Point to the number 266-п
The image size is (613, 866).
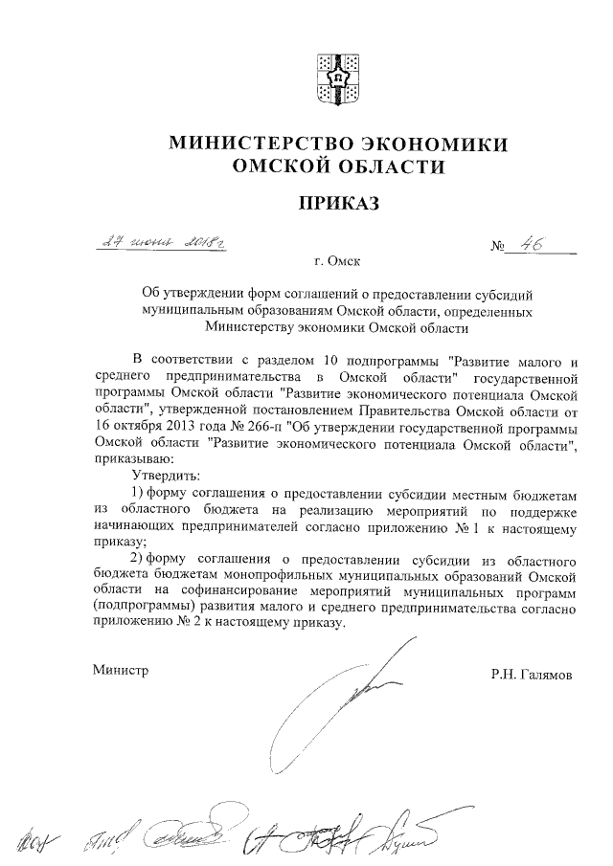click(264, 427)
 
